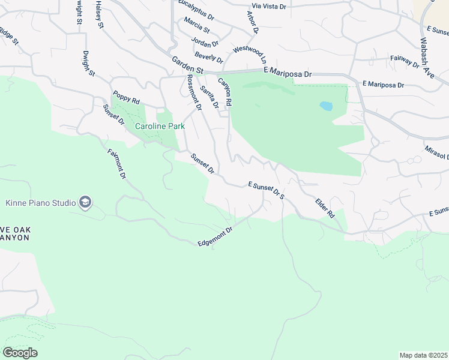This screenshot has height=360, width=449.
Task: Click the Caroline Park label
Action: [x=160, y=127]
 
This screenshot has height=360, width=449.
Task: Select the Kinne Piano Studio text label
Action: [x=40, y=203]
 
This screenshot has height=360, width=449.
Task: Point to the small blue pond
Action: [x=326, y=106]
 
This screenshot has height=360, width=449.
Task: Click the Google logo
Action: [x=20, y=353]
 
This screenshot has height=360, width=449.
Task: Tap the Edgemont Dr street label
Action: [x=215, y=236]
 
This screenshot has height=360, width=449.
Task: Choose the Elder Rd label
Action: [x=325, y=208]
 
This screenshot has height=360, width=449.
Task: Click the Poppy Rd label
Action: [x=126, y=97]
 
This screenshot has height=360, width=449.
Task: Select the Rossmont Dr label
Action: [x=194, y=93]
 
